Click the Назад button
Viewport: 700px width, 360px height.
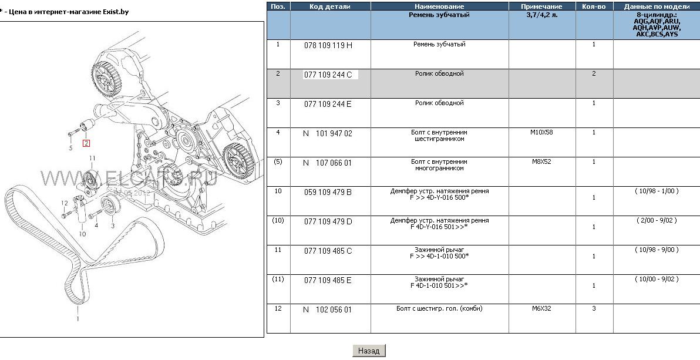(x=369, y=351)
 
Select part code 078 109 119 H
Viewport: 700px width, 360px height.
(x=328, y=45)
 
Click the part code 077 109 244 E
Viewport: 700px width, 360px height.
(x=328, y=104)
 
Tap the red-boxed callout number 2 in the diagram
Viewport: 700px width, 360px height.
(x=86, y=143)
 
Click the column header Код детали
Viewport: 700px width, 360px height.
(x=330, y=6)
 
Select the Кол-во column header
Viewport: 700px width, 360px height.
(x=594, y=6)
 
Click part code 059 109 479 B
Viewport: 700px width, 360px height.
(x=328, y=192)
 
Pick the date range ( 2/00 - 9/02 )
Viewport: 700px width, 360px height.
(x=657, y=220)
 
